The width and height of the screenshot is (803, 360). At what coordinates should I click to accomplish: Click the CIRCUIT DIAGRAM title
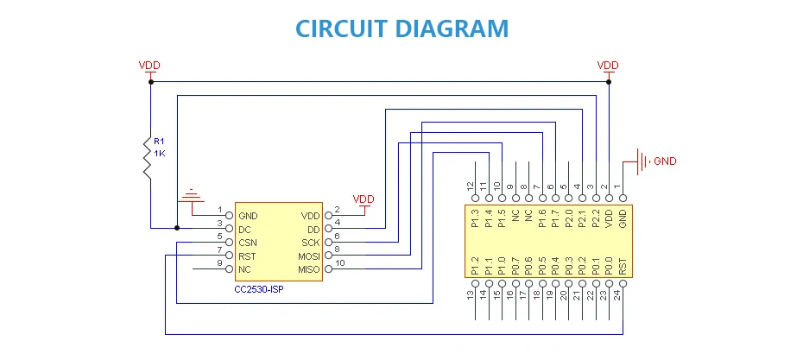coord(401,28)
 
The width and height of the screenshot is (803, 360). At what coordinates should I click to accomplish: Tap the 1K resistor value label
coord(160,153)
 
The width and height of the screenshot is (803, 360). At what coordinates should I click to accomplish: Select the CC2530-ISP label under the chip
coord(259,288)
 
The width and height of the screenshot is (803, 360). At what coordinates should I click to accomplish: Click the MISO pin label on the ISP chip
coord(308,270)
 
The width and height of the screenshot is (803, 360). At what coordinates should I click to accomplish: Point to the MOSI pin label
coord(308,256)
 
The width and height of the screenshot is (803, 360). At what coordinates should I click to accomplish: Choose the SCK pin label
coord(311,243)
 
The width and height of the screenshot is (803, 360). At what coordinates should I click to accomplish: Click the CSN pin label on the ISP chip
coord(249,243)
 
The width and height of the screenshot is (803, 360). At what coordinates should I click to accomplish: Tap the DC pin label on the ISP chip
coord(245,229)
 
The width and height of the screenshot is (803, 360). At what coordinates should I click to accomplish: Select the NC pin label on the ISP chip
coord(245,270)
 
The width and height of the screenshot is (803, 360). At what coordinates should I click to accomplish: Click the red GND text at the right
coord(665,161)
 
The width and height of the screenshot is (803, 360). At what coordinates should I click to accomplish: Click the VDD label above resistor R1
coord(149,66)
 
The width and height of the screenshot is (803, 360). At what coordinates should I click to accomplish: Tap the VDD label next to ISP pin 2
coord(364,199)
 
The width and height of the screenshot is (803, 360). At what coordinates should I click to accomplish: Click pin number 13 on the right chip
coord(474,294)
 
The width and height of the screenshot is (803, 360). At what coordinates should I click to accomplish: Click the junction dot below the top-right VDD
coord(609,82)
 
